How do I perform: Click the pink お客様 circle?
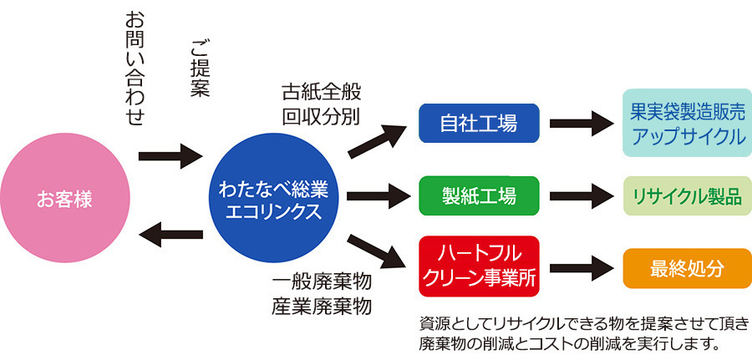[x=64, y=199]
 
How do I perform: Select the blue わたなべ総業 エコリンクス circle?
[x=273, y=199]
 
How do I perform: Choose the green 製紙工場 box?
[x=479, y=196]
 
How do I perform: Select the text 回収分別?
[x=321, y=115]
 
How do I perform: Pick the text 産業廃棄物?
[x=321, y=306]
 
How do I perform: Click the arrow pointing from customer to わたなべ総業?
[x=170, y=155]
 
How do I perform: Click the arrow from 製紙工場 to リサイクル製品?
[x=582, y=197]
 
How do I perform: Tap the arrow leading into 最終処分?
[x=582, y=269]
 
